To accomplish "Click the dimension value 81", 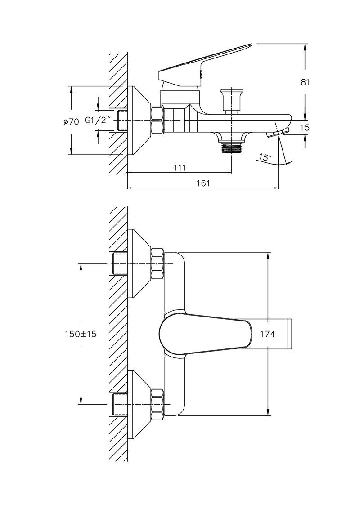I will (305, 82).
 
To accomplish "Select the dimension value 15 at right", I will (305, 128).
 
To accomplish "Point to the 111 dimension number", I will (180, 168).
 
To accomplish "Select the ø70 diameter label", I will (72, 121).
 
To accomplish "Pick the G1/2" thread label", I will (98, 121).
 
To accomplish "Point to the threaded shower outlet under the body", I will (232, 147).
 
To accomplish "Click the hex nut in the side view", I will (157, 121).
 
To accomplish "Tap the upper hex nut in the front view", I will (157, 263).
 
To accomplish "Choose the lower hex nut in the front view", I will (157, 403).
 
